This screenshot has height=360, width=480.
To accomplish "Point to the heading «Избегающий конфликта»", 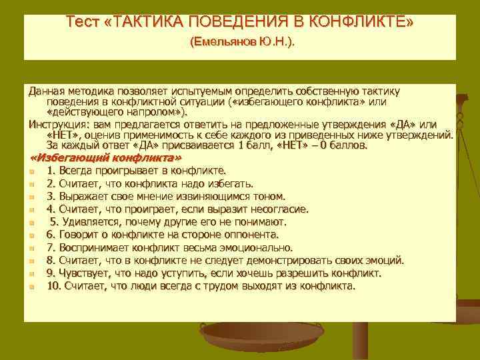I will [x=106, y=157].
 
